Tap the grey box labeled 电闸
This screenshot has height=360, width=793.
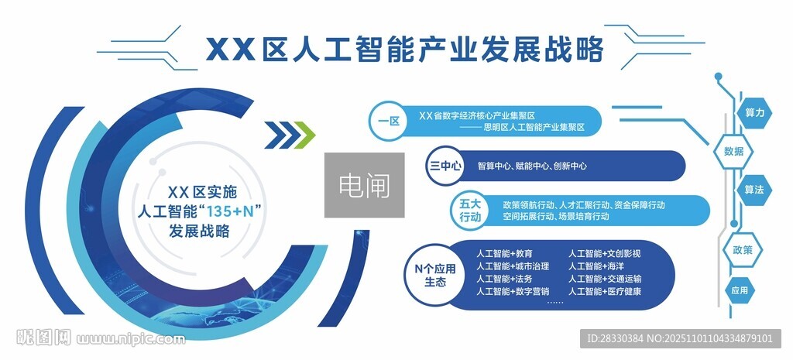pyautogui.click(x=364, y=185)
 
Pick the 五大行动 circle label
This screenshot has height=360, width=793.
pyautogui.click(x=470, y=211)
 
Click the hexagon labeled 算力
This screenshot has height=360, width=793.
pyautogui.click(x=754, y=113)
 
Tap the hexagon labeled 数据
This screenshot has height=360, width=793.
pyautogui.click(x=733, y=151)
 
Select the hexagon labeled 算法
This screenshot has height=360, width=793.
pyautogui.click(x=754, y=189)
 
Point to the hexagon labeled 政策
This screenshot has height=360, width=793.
pyautogui.click(x=733, y=250)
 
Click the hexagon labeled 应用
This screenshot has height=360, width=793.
pyautogui.click(x=739, y=290)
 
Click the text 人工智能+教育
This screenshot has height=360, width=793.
pyautogui.click(x=504, y=254)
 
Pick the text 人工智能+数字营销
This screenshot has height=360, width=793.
pyautogui.click(x=513, y=291)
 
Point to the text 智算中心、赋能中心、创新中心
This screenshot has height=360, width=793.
pyautogui.click(x=532, y=166)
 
